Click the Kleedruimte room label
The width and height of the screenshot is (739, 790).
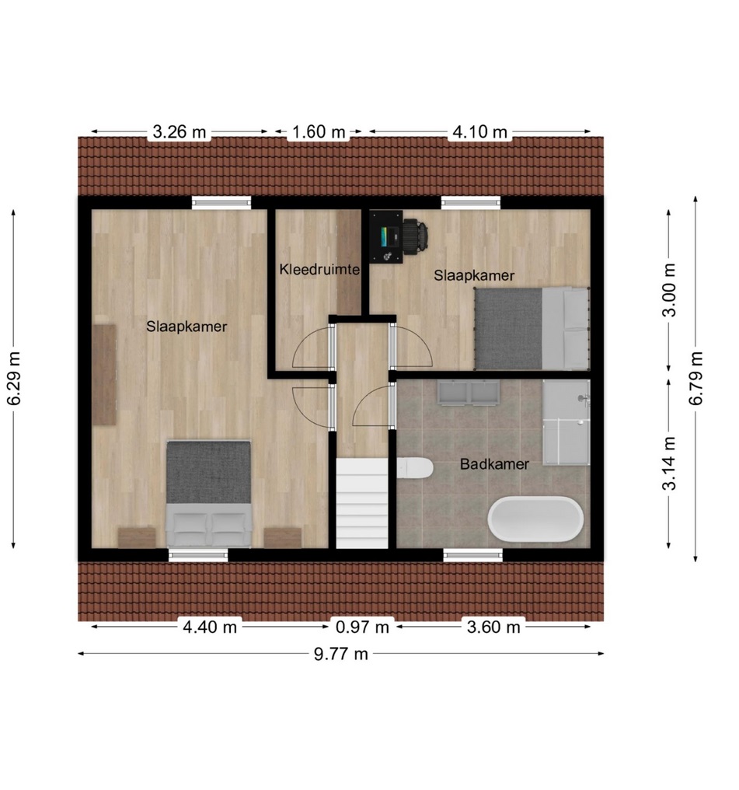319,270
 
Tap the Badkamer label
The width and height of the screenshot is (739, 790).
494,464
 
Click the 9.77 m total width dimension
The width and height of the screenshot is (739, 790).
341,654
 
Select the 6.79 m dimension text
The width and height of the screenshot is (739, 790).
695,379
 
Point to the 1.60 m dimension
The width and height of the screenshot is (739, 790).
319,132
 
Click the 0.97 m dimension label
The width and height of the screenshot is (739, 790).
362,627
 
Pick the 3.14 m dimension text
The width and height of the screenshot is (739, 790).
669,463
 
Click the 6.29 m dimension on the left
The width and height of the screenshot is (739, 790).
13,379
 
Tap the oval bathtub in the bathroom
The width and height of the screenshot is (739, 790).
535,519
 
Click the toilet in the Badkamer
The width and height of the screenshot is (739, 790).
415,468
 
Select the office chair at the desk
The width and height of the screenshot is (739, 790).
416,236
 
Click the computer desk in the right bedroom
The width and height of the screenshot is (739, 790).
386,237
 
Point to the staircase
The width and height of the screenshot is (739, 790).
362,503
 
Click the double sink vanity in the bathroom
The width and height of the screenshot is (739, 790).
469,393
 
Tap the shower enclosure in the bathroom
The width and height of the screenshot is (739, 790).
566,422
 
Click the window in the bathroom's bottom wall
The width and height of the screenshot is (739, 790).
472,554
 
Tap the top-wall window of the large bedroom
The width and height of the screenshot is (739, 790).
221,202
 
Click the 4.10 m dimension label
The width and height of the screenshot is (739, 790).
479,132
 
